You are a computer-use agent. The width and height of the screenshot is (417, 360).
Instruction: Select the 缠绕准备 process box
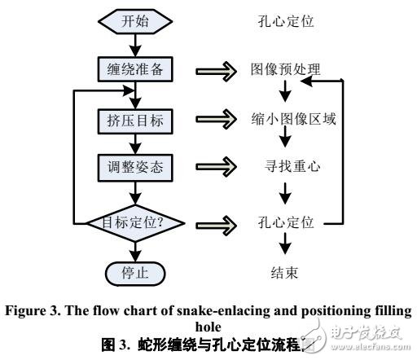(x=134, y=70)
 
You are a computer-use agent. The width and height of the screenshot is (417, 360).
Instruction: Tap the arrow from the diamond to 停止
(x=134, y=249)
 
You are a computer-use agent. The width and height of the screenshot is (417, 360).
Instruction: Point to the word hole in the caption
(x=208, y=321)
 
